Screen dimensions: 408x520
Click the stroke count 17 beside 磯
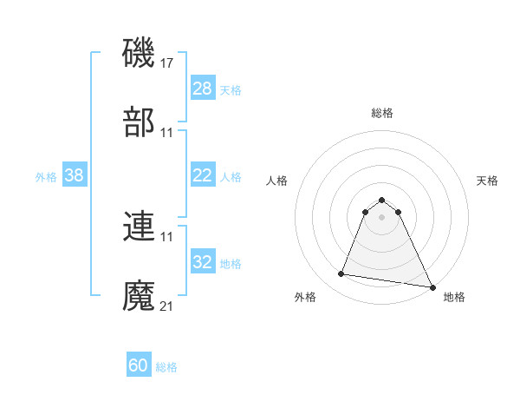[167, 63]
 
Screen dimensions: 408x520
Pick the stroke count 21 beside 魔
[167, 306]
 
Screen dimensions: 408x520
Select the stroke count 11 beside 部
[167, 133]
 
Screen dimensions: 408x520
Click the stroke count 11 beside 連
[167, 236]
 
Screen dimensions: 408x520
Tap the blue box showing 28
[202, 89]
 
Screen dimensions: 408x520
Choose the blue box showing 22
[202, 175]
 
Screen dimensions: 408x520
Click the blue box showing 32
[202, 262]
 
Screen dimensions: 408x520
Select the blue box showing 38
[75, 175]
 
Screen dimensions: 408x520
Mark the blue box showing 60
[139, 365]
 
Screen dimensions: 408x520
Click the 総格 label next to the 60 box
[166, 367]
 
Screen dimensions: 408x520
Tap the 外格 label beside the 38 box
[46, 176]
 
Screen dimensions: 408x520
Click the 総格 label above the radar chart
[381, 113]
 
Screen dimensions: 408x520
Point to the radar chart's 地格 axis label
[454, 297]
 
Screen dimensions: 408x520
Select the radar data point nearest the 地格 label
[432, 285]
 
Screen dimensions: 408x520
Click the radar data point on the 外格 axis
[341, 274]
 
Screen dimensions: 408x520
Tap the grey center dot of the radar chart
[381, 216]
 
